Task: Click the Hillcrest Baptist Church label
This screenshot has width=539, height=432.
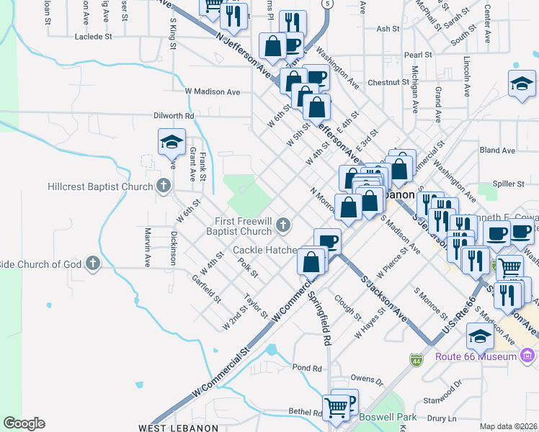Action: pos(100,186)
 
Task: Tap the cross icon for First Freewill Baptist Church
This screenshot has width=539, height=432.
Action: pos(283,226)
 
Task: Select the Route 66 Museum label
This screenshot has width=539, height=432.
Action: pos(476,356)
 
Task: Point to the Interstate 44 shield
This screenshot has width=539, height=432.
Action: pos(416,358)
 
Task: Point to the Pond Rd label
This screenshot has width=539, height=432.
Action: pos(307,368)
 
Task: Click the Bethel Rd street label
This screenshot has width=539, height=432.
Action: pos(305,413)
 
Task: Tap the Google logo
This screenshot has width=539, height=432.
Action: pos(24,423)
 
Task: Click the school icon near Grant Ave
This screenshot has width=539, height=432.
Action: pos(171,142)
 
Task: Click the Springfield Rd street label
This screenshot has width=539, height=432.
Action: pos(320,317)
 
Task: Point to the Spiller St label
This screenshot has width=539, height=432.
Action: pos(507,184)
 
